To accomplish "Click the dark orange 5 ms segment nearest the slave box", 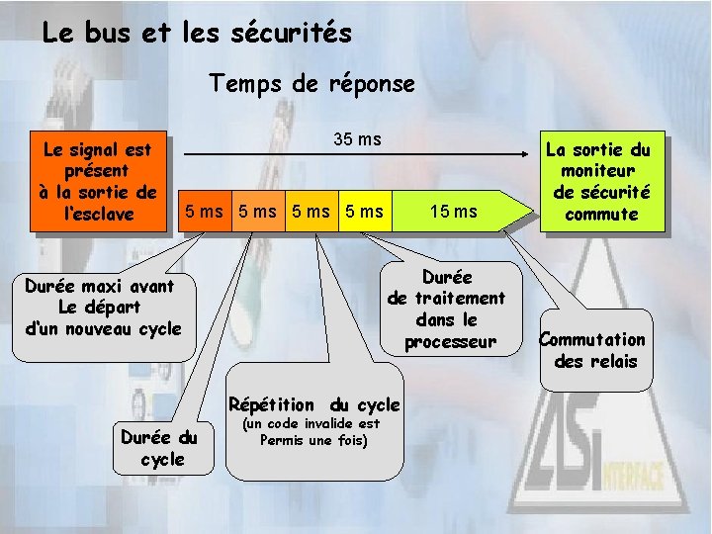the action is click(x=204, y=211).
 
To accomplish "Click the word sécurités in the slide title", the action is click(x=297, y=34).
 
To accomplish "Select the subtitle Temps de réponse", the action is click(x=311, y=84).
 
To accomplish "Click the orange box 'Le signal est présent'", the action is click(x=98, y=181).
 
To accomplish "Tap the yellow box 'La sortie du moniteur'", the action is click(x=598, y=181).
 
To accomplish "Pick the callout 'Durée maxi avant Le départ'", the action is click(x=103, y=307).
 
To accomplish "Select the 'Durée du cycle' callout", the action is click(x=157, y=448).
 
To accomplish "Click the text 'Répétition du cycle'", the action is click(x=313, y=404).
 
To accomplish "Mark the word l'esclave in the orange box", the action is click(x=97, y=213).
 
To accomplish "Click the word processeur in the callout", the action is click(x=450, y=342).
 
